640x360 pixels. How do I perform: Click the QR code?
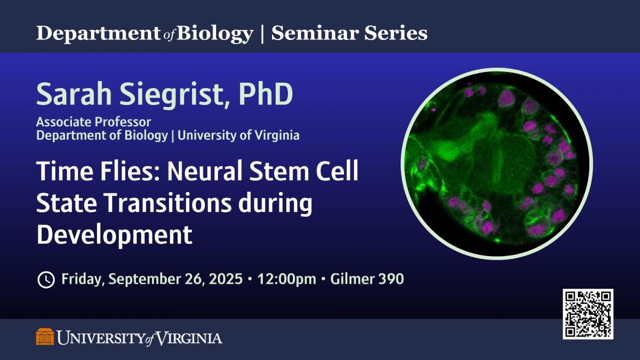click(588, 314)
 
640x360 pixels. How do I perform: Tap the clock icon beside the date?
click(46, 279)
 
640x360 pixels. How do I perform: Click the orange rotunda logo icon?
click(45, 337)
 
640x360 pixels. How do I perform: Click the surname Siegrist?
click(173, 94)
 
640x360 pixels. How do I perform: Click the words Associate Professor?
click(93, 122)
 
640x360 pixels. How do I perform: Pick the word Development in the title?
click(114, 235)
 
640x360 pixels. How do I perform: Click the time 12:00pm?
click(287, 279)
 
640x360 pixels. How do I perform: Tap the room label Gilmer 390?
click(367, 279)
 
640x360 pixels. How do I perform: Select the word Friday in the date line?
click(82, 279)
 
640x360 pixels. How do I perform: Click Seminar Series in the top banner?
click(349, 34)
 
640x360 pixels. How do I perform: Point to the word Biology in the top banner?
click(214, 34)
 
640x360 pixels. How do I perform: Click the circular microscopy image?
click(498, 163)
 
